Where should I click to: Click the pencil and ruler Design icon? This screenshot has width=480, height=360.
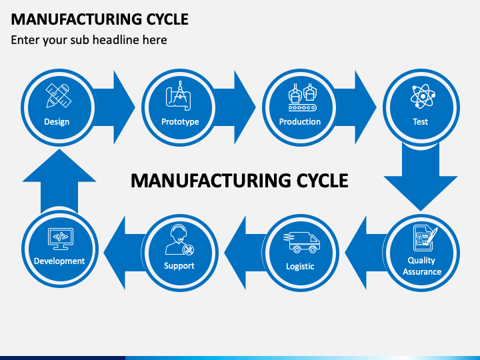tap(59, 95)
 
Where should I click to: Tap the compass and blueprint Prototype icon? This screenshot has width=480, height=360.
tap(179, 95)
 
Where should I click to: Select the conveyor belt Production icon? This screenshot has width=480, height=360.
tap(302, 97)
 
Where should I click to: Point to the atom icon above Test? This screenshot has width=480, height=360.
tap(423, 96)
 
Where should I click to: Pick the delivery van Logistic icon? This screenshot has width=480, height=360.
tap(301, 243)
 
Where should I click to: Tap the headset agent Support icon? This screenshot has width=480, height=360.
tap(180, 239)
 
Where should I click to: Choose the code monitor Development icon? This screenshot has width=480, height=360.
tap(61, 239)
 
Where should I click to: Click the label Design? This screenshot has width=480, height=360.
tap(57, 122)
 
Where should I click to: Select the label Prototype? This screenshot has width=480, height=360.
tap(180, 122)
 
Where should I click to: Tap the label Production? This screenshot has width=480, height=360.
tap(300, 121)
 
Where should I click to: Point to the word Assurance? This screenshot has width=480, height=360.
tap(422, 271)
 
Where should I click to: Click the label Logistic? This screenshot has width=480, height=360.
tap(300, 266)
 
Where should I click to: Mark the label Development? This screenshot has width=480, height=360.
tap(59, 261)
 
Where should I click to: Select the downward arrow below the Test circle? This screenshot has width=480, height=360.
tap(421, 177)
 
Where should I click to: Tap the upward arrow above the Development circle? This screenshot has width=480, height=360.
tap(59, 181)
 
